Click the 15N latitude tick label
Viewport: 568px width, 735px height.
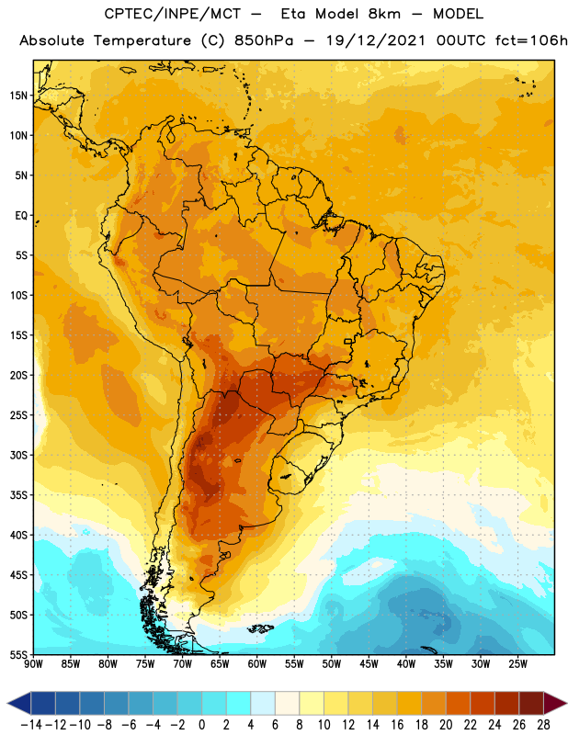[19, 96]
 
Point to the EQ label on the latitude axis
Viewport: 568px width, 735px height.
[21, 216]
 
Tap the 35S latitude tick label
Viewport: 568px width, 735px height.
[19, 495]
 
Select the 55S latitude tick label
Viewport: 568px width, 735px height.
[19, 654]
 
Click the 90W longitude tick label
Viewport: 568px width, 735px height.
[33, 663]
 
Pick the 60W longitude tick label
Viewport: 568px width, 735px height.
[257, 663]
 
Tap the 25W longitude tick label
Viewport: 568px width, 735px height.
[517, 663]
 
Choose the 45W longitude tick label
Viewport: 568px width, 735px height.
[369, 663]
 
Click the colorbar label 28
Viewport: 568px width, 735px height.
[543, 725]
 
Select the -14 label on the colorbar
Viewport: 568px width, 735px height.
[31, 725]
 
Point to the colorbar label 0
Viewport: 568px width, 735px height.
[201, 725]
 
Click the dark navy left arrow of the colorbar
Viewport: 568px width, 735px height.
[19, 703]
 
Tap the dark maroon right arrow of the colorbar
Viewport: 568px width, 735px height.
[555, 703]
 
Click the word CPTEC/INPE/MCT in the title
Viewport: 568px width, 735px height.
[173, 14]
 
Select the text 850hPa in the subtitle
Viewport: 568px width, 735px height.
[264, 40]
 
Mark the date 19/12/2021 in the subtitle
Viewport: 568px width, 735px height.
[376, 40]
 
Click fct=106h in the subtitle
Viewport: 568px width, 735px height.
[531, 40]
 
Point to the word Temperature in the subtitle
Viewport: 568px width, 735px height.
[142, 40]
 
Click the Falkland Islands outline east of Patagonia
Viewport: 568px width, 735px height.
[261, 628]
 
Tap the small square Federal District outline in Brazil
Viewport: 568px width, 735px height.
[348, 341]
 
